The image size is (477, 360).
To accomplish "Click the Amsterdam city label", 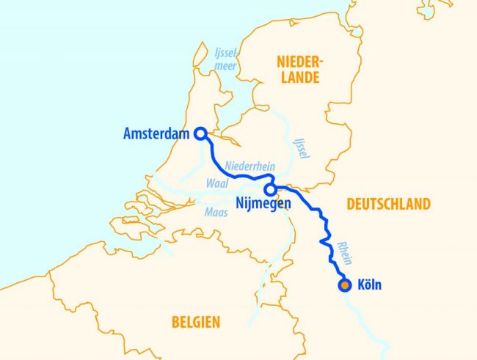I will (156, 134).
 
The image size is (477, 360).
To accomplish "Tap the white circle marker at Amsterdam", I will (200, 133).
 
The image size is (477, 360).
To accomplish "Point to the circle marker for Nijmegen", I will (271, 189).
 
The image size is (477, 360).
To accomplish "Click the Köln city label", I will (368, 285).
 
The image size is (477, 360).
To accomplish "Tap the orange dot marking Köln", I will (344, 285).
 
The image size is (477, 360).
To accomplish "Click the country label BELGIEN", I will (195, 321).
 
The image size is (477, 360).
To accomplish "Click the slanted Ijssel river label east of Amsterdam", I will (301, 146).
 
